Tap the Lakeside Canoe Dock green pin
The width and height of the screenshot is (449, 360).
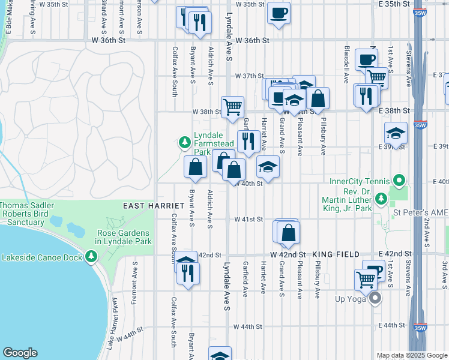click(x=91, y=257)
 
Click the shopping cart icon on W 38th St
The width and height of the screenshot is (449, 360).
click(x=232, y=107)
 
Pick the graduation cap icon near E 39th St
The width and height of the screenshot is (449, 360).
click(x=395, y=133)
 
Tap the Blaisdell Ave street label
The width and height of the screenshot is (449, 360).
click(x=347, y=56)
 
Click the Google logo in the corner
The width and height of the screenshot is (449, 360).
click(x=20, y=353)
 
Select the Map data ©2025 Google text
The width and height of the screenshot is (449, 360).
click(x=411, y=355)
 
